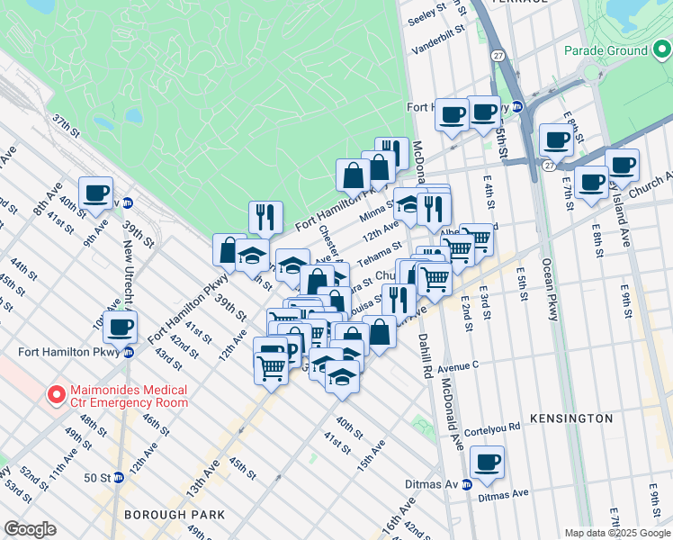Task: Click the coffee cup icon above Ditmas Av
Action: pyautogui.click(x=487, y=463)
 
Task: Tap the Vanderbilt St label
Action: pyautogui.click(x=436, y=30)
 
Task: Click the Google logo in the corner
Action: pyautogui.click(x=30, y=529)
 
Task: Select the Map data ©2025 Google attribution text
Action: pyautogui.click(x=617, y=533)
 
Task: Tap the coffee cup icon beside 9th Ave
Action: pyautogui.click(x=95, y=193)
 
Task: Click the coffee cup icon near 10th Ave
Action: pyautogui.click(x=120, y=328)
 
